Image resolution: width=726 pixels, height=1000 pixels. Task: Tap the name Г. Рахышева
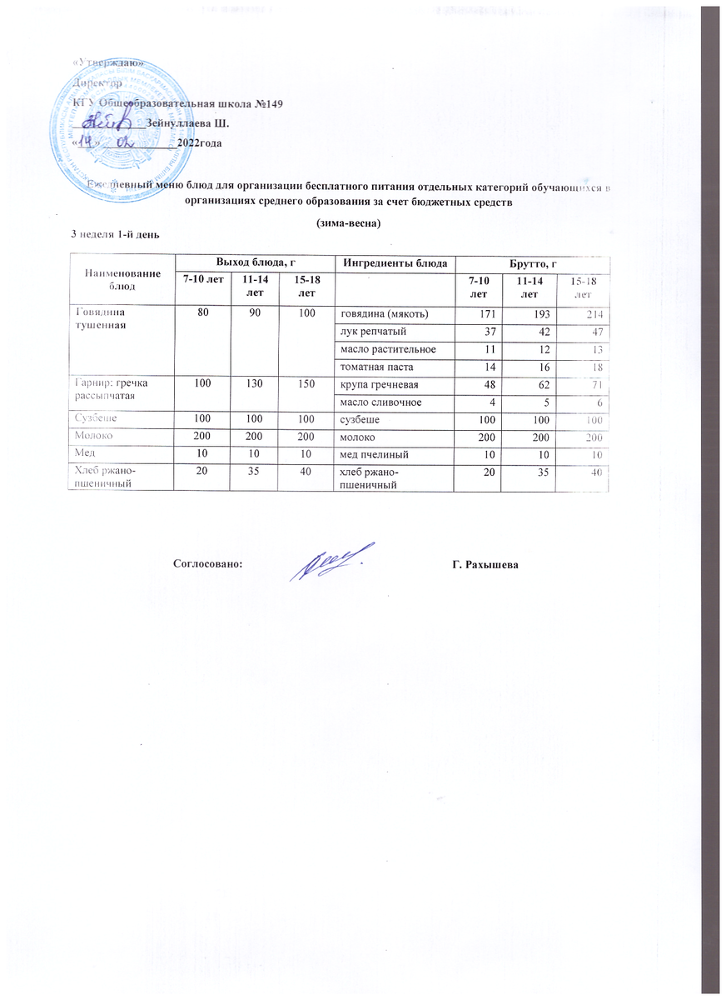(x=485, y=565)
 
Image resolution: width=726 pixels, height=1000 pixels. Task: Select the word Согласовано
(x=207, y=565)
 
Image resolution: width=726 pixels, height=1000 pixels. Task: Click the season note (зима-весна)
(x=350, y=223)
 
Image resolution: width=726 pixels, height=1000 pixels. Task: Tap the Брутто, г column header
(x=533, y=263)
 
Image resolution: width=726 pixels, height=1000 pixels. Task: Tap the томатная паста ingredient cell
(x=375, y=367)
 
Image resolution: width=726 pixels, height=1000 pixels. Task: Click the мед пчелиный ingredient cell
(x=374, y=455)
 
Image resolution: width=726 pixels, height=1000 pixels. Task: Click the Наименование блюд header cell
(x=122, y=278)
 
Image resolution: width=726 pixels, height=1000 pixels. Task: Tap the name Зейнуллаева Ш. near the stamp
(x=187, y=123)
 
